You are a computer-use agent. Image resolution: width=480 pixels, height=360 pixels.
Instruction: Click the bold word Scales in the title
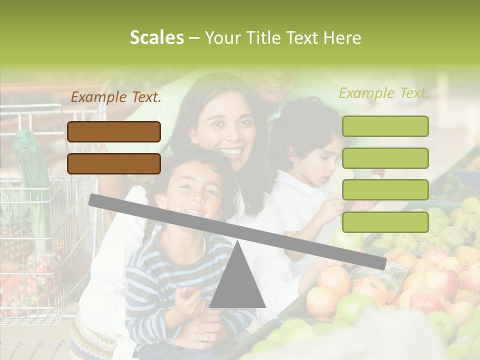click(156, 38)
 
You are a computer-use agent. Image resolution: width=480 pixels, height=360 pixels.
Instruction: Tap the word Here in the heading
click(342, 38)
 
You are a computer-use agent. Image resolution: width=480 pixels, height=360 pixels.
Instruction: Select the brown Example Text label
click(116, 97)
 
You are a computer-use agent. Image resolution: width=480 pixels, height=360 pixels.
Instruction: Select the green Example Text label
click(384, 93)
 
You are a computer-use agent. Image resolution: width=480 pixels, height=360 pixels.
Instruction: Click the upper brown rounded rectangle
click(114, 131)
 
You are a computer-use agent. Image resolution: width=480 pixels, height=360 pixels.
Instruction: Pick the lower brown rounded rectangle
click(114, 163)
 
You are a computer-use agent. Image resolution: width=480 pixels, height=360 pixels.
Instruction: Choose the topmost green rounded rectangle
click(385, 126)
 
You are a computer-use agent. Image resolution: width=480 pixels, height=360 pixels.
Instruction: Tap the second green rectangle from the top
click(385, 158)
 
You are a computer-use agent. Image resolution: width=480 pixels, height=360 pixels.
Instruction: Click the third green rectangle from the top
click(385, 189)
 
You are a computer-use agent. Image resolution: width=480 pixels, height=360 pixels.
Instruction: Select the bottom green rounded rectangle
click(385, 222)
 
